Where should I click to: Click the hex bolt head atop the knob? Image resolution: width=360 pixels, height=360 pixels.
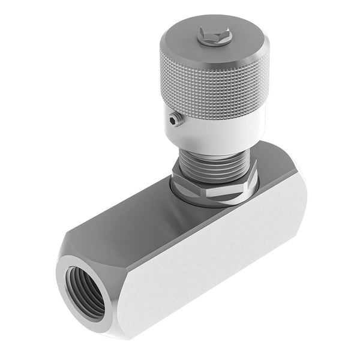tap(214, 35)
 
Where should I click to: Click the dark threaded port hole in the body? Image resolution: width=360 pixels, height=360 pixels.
tap(85, 292)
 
